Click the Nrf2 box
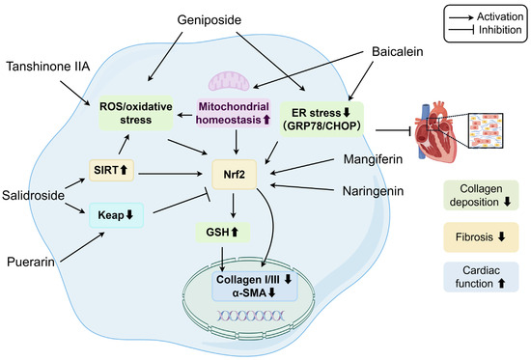tap(234, 175)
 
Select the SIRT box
tap(111, 170)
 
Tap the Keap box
tap(116, 215)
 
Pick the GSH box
tap(222, 233)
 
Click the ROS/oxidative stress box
tap(136, 113)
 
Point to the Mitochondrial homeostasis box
tap(234, 113)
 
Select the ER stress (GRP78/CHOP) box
tap(321, 120)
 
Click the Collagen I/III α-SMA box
tap(254, 287)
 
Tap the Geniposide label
tap(210, 20)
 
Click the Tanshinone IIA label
tap(48, 67)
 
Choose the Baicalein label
tap(398, 51)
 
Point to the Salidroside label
tap(33, 195)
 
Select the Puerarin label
tap(31, 262)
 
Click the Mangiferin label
tap(374, 159)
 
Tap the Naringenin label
tap(374, 191)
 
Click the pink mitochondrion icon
tap(229, 81)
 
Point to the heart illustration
tap(436, 131)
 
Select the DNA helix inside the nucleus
tap(251, 316)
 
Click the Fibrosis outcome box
tap(481, 237)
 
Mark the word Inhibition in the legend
tap(500, 30)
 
